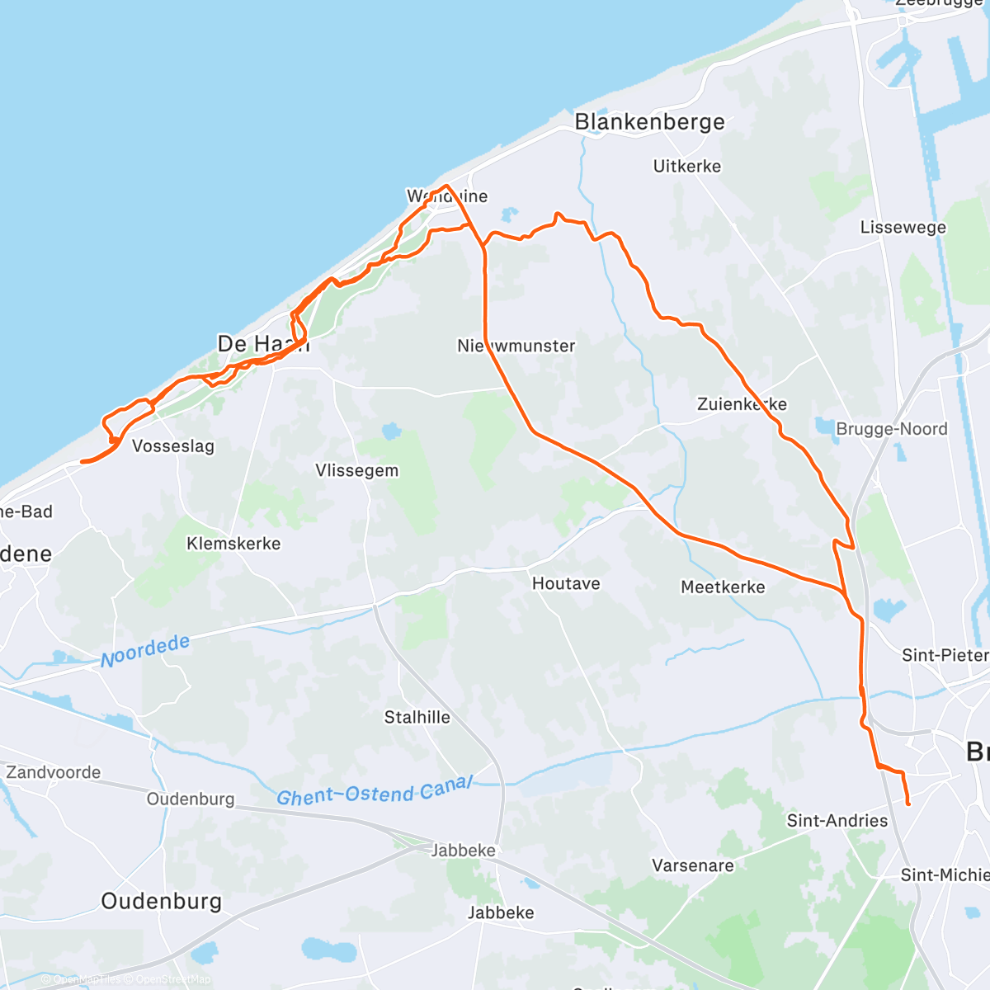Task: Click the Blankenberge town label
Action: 649,122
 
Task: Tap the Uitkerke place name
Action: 686,167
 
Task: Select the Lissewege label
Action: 903,228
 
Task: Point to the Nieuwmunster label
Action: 516,346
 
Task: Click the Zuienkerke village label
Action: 742,404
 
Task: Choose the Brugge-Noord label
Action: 891,429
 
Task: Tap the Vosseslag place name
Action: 173,446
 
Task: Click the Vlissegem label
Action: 356,471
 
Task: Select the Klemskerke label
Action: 233,544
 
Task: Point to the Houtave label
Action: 566,584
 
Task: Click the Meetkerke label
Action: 723,587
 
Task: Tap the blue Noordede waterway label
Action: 145,651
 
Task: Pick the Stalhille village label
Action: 417,718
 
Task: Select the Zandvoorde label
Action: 54,773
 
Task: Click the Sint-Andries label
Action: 837,821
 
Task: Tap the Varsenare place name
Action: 692,866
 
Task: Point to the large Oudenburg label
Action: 161,901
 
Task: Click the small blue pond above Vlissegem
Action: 391,431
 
